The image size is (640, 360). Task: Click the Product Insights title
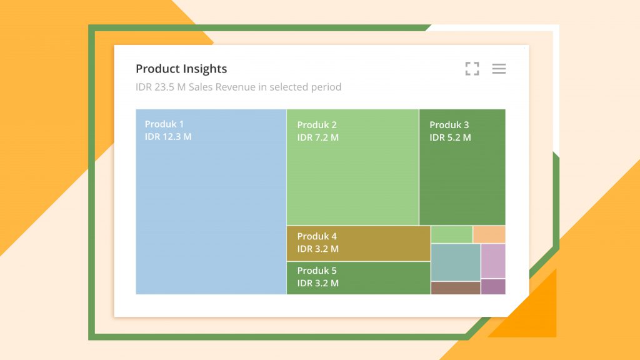[x=181, y=69]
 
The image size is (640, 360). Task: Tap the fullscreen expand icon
[x=472, y=69]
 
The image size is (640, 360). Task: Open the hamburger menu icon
[x=499, y=69]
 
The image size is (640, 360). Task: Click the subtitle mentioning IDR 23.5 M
[x=238, y=87]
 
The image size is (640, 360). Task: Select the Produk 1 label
[x=164, y=124]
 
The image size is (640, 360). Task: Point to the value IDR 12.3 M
[x=168, y=137]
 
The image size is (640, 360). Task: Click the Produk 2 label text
[x=317, y=125]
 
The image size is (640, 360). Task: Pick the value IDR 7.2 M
[x=318, y=137]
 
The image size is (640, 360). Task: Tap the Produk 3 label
[x=449, y=125]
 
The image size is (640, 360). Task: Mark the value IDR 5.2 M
[x=450, y=137]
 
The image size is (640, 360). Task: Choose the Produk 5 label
[x=317, y=271]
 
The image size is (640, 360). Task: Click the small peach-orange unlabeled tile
[x=489, y=234]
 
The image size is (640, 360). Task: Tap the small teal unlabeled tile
[x=455, y=262]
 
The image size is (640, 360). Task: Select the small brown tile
[x=455, y=287]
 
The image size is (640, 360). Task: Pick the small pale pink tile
[x=493, y=261]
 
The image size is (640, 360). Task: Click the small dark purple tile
[x=493, y=287]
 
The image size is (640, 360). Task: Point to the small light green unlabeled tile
[x=451, y=234]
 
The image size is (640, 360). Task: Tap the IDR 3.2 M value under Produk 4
[x=318, y=249]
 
